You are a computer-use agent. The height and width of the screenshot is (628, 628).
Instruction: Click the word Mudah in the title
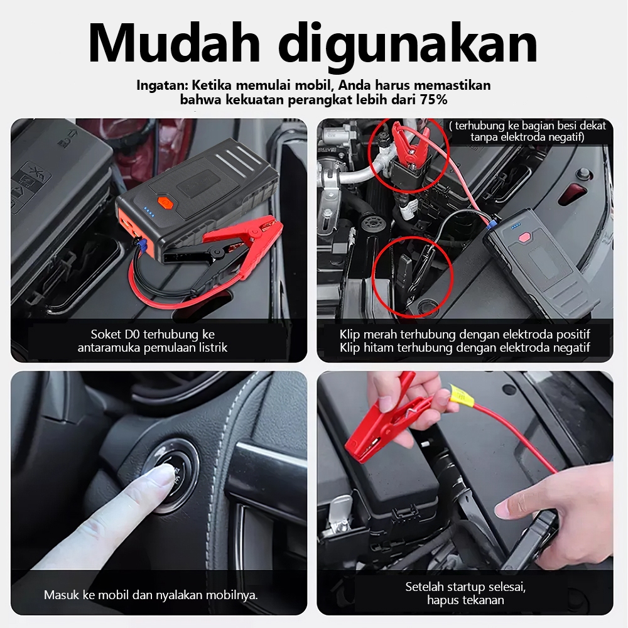point(175,43)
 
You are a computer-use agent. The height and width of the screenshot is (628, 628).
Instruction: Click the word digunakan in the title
point(408,46)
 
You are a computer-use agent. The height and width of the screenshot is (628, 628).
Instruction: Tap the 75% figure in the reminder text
point(434,99)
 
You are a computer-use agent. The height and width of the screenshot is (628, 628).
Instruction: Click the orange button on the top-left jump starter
point(164,202)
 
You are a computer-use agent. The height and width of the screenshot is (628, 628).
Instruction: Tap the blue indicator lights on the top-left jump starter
point(149,212)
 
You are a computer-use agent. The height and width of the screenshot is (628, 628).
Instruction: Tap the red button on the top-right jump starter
point(524,237)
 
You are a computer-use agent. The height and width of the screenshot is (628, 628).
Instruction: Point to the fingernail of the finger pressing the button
point(164,474)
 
